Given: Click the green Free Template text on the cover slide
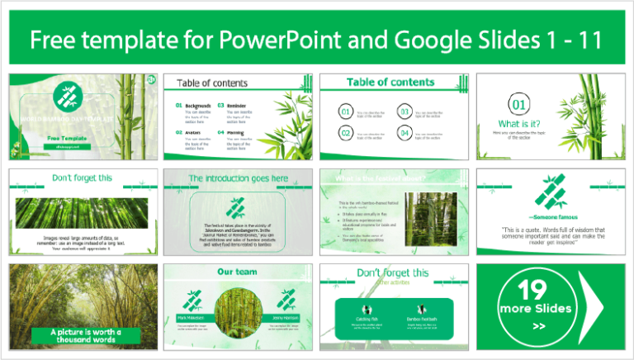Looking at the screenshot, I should tap(64, 138).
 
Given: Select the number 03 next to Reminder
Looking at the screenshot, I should tap(220, 106).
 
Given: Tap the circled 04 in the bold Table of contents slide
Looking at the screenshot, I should tap(405, 133).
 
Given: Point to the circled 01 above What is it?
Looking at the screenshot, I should tap(518, 105).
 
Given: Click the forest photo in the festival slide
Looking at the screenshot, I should tap(427, 218).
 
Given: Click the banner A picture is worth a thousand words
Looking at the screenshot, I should tap(80, 335).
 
